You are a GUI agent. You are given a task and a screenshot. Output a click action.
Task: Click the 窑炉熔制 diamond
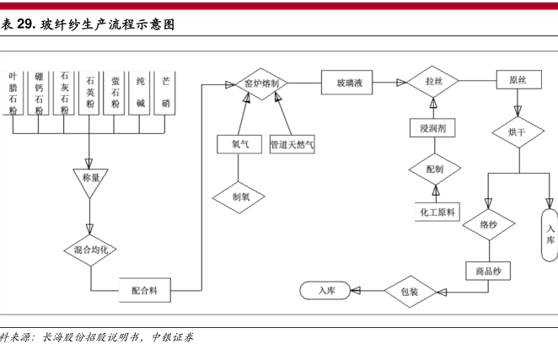(x=261, y=83)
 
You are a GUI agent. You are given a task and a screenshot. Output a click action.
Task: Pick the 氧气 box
(x=239, y=144)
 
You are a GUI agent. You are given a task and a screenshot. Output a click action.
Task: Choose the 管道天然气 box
(x=292, y=144)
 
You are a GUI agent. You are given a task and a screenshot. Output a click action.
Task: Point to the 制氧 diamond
(x=239, y=196)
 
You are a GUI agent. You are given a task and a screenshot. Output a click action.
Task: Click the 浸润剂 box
(x=432, y=130)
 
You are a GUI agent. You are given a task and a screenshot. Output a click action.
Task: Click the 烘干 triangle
(x=517, y=132)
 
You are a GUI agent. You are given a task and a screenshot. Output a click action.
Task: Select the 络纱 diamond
(x=488, y=225)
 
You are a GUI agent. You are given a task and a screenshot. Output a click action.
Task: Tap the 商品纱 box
(x=488, y=271)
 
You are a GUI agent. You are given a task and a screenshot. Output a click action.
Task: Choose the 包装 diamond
(x=409, y=292)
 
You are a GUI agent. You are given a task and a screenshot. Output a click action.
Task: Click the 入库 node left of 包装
(x=327, y=291)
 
